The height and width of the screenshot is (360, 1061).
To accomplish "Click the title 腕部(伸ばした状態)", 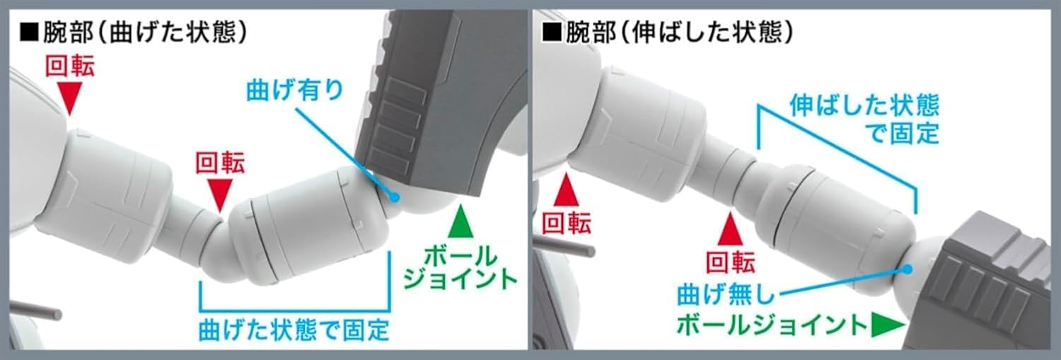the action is click(x=679, y=34).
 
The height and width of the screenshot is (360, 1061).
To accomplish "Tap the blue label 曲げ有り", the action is click(x=295, y=90).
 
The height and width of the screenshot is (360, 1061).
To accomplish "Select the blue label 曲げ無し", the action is click(x=726, y=295).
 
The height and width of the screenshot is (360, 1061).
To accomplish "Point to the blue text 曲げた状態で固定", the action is click(x=294, y=330).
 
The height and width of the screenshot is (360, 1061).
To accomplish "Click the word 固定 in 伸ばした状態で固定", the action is click(x=914, y=134).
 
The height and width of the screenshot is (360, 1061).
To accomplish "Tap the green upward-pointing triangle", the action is click(x=460, y=223).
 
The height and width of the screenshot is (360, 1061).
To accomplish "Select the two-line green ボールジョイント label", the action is click(x=460, y=268).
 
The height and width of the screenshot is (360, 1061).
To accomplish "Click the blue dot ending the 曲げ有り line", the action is click(x=393, y=197).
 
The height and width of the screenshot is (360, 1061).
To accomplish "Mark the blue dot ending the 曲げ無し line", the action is click(x=907, y=269).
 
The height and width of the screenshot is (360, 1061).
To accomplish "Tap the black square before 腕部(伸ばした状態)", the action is click(x=552, y=34).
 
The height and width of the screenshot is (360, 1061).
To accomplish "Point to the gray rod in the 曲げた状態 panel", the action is click(x=35, y=310).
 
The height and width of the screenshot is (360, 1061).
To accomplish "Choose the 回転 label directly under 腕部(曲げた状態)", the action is click(x=70, y=66).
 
